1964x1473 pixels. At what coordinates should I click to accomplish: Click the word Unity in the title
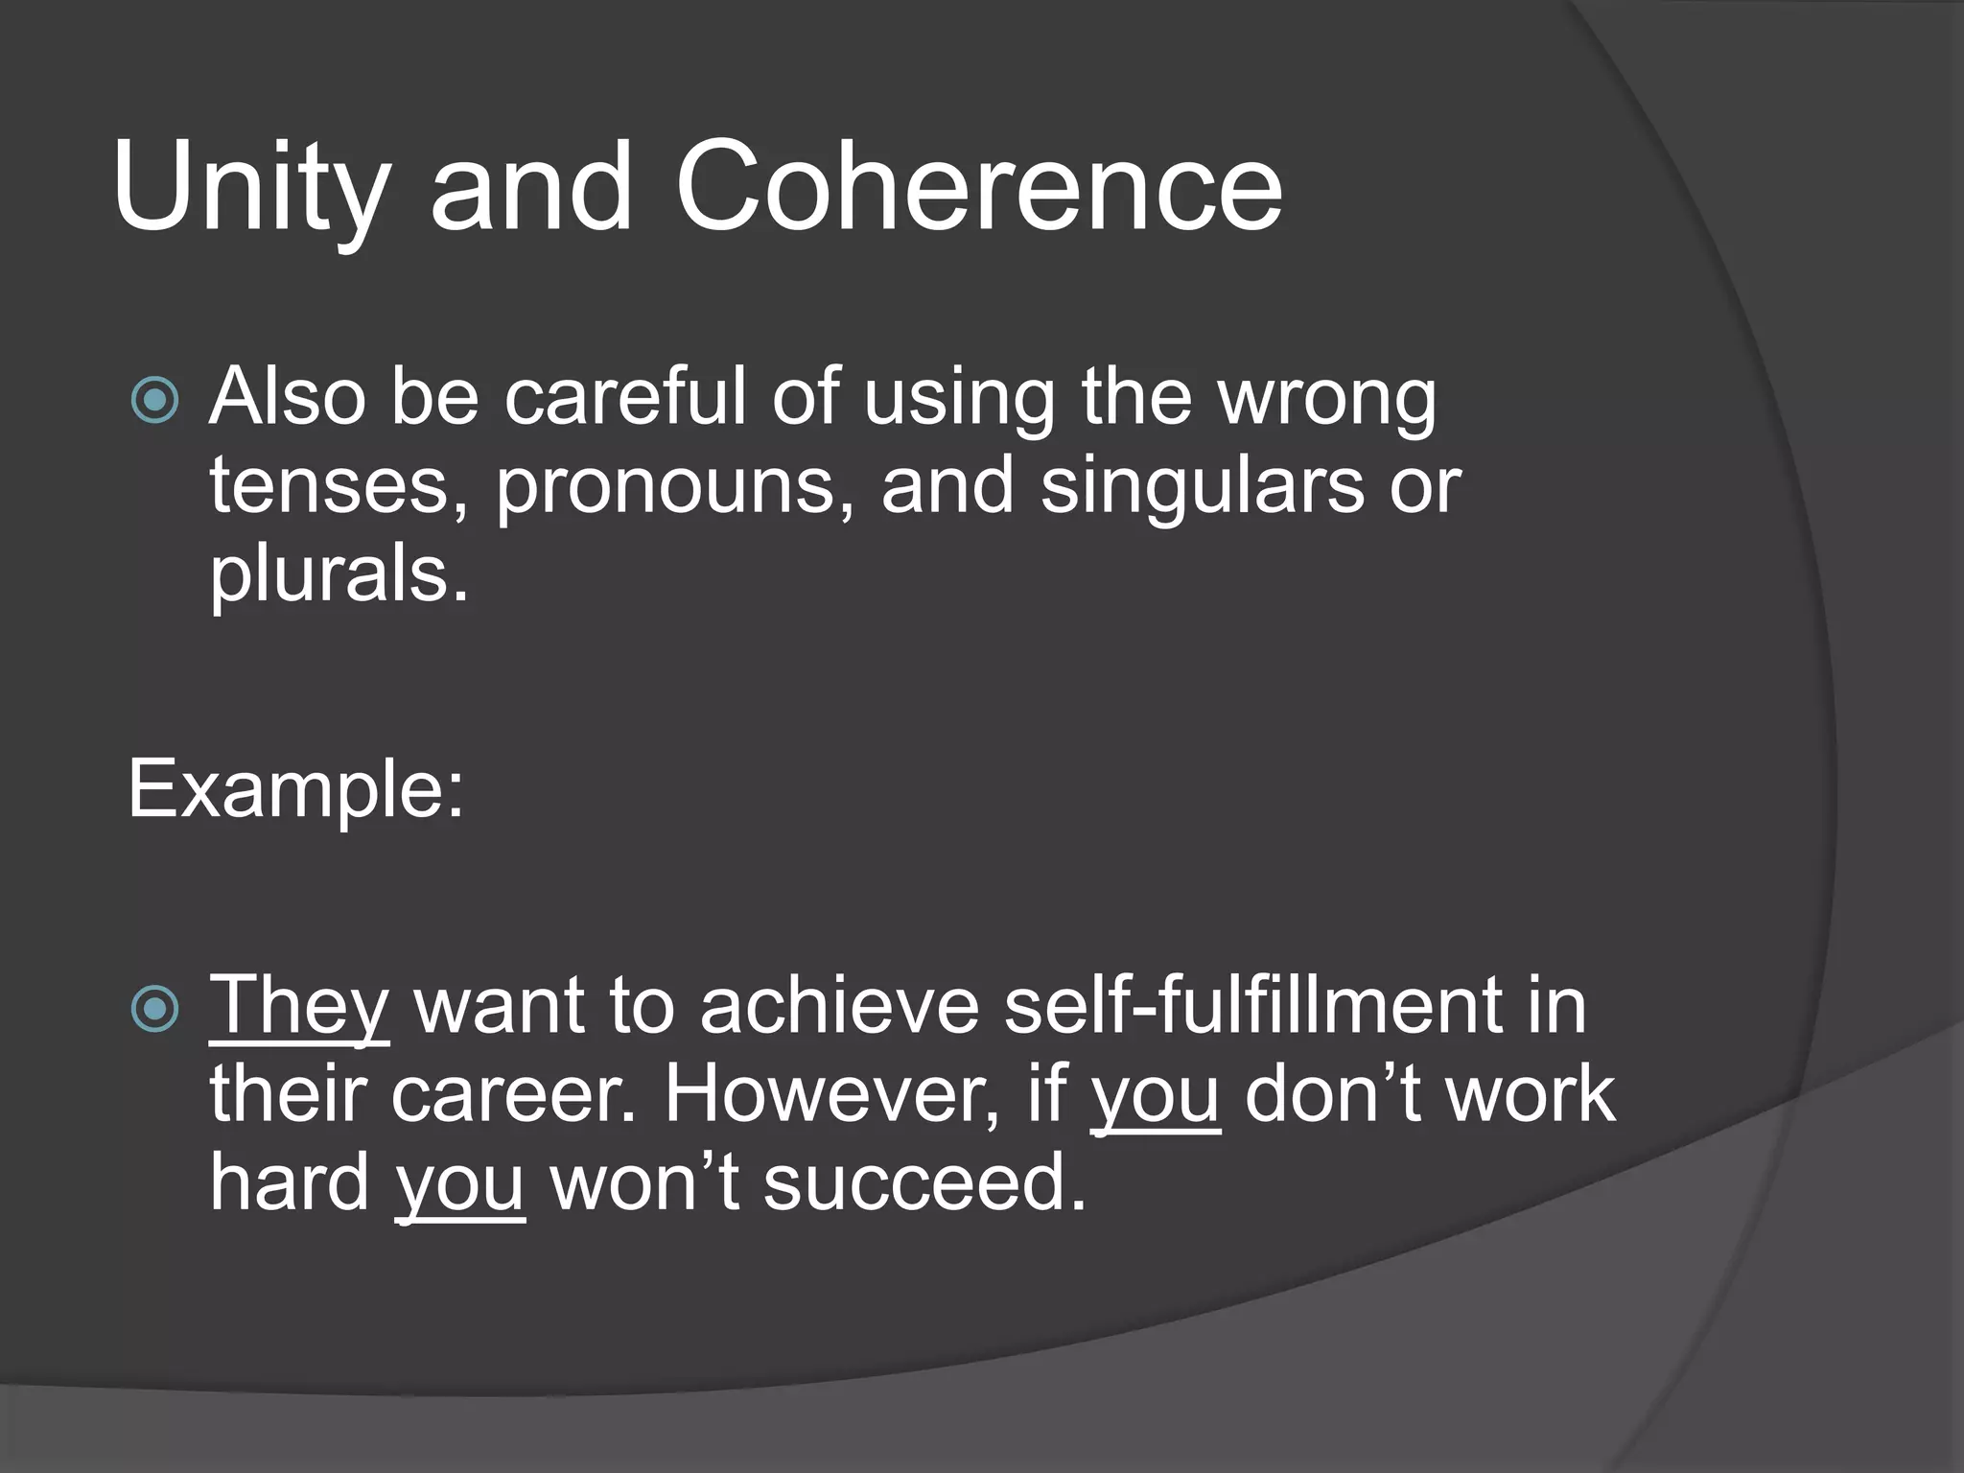click(251, 187)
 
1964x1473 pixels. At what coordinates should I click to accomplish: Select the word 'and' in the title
click(531, 187)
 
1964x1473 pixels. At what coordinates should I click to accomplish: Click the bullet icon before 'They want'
click(154, 1008)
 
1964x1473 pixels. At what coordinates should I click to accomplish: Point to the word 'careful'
click(624, 397)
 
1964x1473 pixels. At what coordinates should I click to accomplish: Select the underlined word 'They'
click(299, 1007)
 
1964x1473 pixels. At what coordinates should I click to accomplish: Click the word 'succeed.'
click(924, 1183)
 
